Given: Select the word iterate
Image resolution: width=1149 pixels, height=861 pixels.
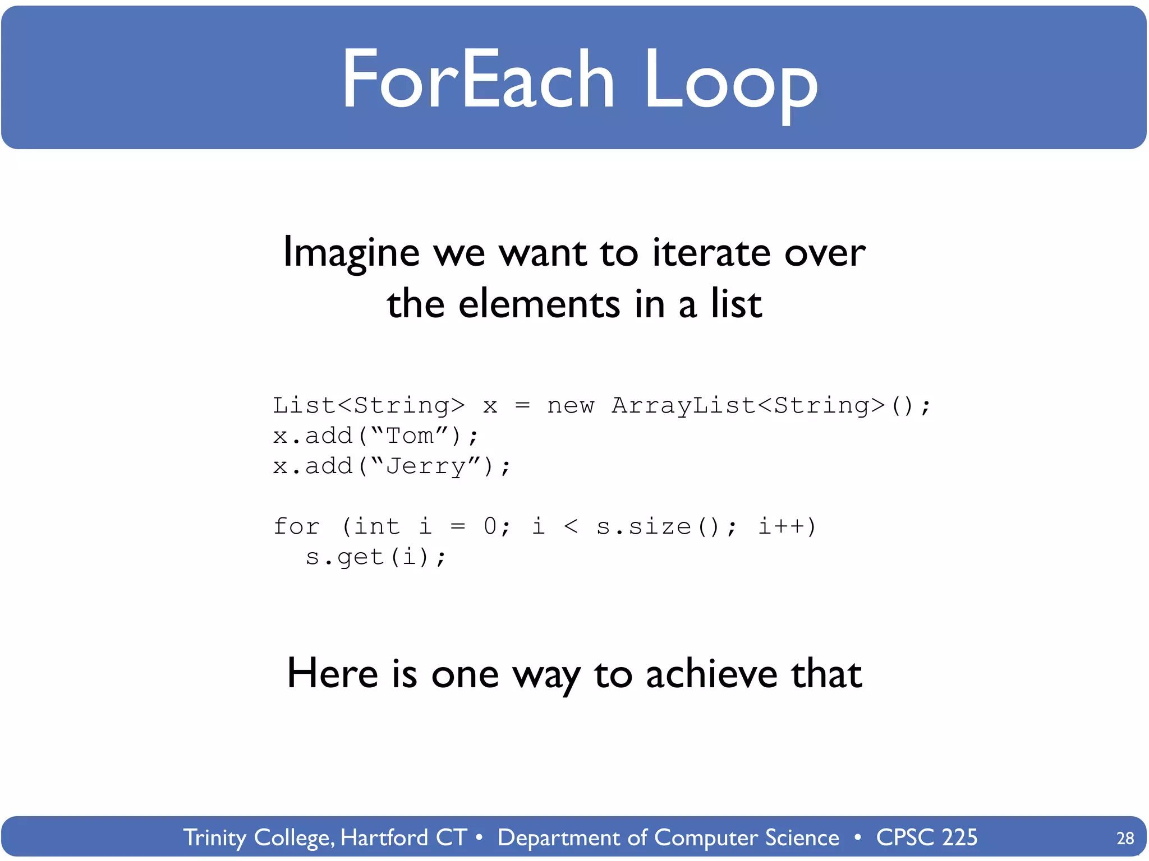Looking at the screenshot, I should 711,252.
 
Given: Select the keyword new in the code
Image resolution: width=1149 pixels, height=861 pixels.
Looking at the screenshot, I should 571,405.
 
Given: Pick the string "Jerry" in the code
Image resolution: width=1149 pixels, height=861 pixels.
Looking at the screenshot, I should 426,466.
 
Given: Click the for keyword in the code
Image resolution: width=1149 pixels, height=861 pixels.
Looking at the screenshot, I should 296,526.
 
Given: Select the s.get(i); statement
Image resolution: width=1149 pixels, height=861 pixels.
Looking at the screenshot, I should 376,557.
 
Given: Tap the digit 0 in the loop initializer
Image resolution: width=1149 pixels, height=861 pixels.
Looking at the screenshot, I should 490,526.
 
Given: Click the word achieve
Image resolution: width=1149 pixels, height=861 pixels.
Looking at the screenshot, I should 711,674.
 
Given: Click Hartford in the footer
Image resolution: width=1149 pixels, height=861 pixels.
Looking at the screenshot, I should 384,837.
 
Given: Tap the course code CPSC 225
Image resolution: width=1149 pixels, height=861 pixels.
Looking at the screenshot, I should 926,837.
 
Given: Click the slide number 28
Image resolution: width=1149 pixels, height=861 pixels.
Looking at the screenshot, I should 1125,838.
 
